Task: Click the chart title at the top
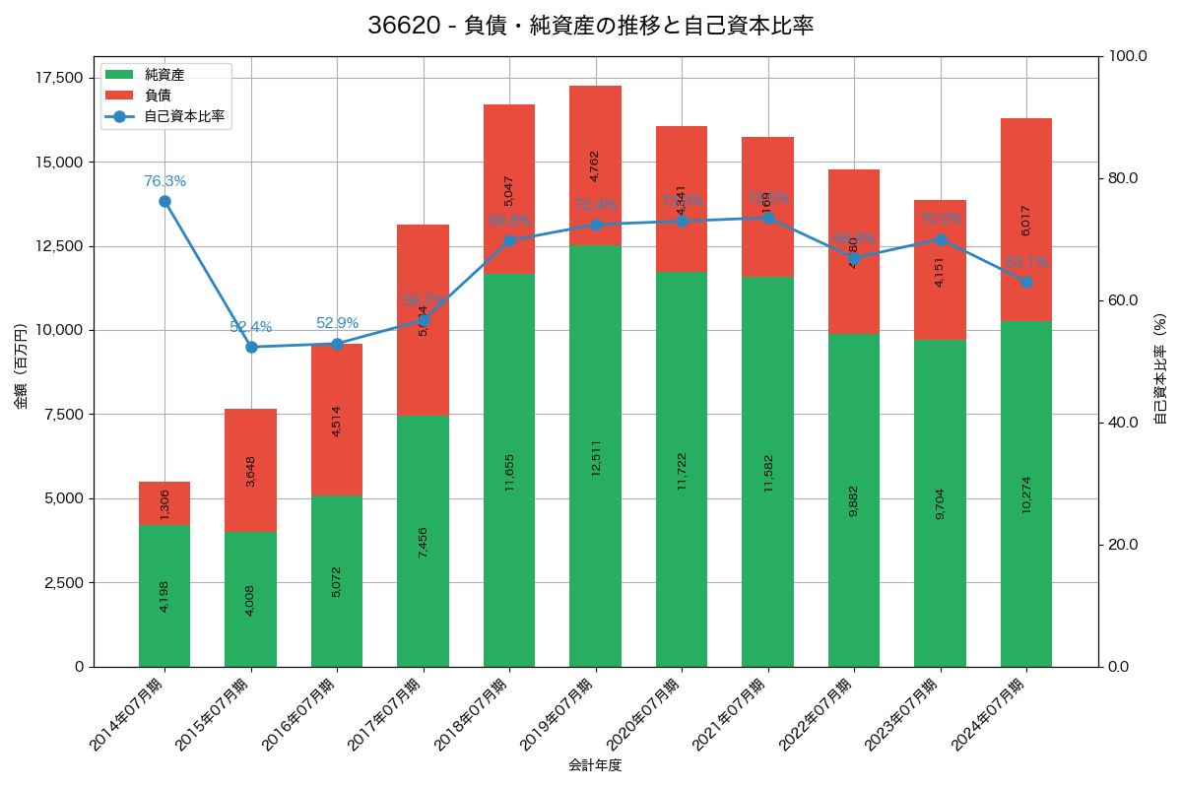[590, 27]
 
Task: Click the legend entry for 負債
[158, 96]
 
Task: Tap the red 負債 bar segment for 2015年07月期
[250, 470]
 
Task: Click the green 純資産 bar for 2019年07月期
[595, 456]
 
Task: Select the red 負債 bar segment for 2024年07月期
[1025, 219]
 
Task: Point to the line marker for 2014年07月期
[164, 201]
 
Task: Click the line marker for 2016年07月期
[337, 344]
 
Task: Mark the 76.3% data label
[164, 181]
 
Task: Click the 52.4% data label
[250, 327]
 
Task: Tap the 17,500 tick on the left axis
[61, 78]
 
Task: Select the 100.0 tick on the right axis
[1128, 56]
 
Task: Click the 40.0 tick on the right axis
[1124, 423]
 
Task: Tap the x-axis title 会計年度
[595, 765]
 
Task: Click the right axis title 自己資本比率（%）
[1160, 369]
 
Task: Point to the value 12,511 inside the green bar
[596, 458]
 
